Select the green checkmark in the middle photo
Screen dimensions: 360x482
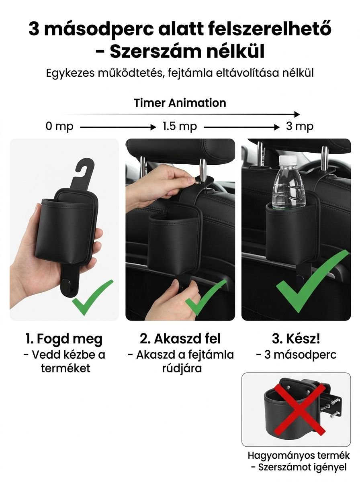click(x=205, y=297)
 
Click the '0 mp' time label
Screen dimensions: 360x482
click(x=59, y=127)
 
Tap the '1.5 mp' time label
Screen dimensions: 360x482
click(x=180, y=127)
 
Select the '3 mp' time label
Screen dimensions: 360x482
click(x=300, y=127)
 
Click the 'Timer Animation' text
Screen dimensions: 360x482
click(x=180, y=103)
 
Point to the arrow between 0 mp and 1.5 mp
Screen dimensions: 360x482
click(x=118, y=127)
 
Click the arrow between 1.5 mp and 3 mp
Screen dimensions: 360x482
click(x=241, y=127)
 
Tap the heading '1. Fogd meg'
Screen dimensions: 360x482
click(x=64, y=338)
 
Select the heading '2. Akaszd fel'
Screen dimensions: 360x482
click(x=180, y=338)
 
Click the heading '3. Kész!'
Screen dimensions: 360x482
click(x=296, y=338)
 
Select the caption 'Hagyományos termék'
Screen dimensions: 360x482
click(x=299, y=455)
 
